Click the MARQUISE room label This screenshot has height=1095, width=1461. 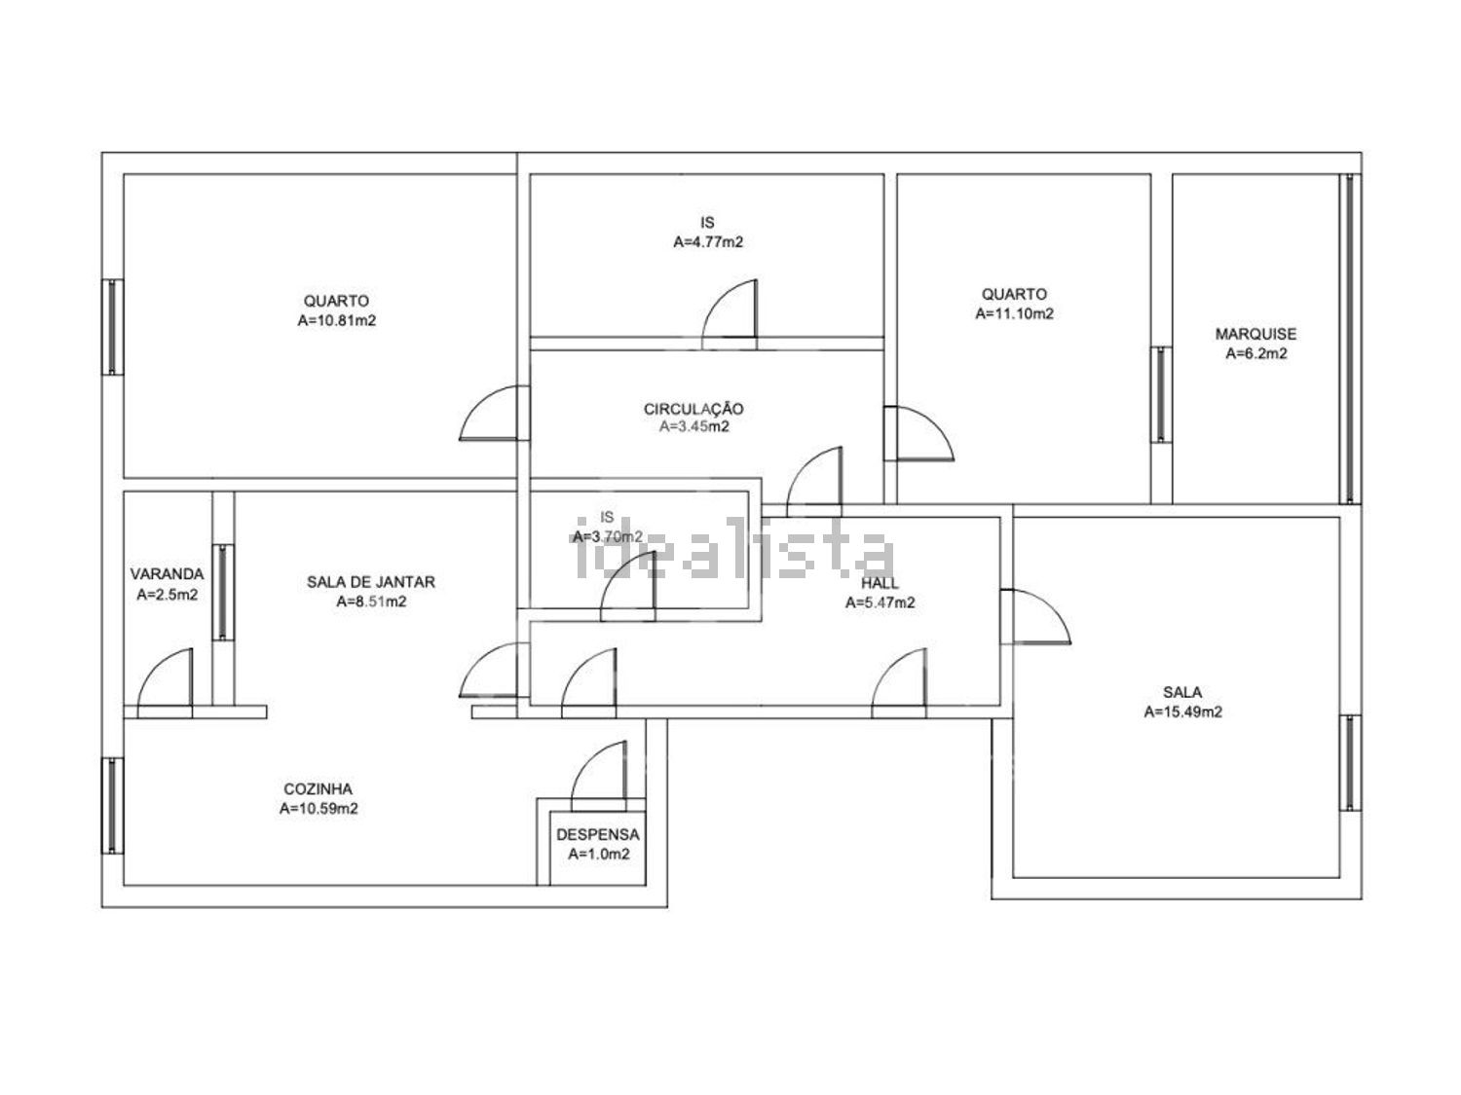[x=1255, y=334]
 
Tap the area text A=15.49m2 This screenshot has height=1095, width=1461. [x=1182, y=712]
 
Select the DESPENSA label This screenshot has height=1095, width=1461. [x=598, y=835]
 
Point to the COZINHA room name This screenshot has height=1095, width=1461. [x=318, y=789]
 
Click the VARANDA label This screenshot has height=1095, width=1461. [x=167, y=573]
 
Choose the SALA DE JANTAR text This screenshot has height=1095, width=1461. [x=371, y=582]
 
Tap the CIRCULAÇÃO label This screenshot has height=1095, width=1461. [x=693, y=408]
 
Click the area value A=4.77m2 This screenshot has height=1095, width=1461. [x=708, y=242]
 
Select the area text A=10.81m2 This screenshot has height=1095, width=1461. [x=337, y=320]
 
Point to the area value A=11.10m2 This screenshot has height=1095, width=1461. [x=1014, y=313]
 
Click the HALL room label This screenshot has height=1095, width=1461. [x=880, y=583]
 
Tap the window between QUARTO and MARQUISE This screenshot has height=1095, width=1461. [x=1161, y=394]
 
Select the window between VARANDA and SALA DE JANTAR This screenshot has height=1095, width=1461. [x=223, y=593]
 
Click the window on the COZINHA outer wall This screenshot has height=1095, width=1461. [x=112, y=806]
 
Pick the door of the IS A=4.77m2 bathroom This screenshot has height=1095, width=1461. [x=730, y=310]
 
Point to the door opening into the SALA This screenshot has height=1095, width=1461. [x=1035, y=616]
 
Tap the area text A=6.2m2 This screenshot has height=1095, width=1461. [x=1256, y=353]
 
